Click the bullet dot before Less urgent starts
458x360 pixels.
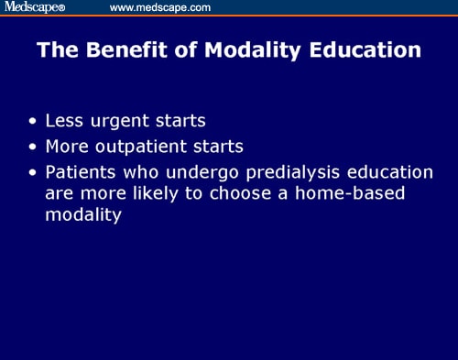tap(34, 121)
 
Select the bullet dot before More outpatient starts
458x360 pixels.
tap(34, 145)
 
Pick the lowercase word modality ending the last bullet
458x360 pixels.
tap(83, 216)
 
